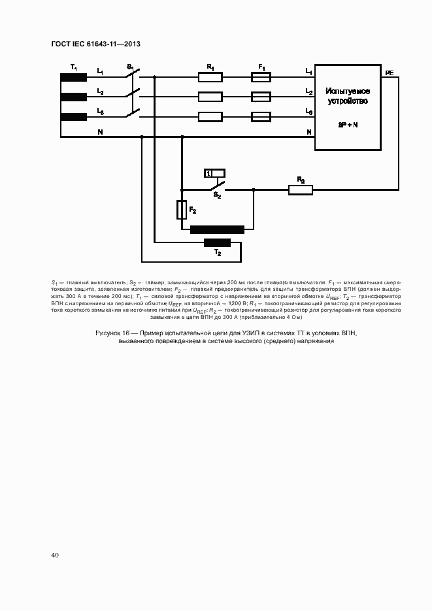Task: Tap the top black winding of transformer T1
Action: click(x=74, y=77)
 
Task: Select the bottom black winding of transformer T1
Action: click(x=74, y=117)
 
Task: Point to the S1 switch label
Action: click(x=130, y=67)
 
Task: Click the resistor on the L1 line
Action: click(x=210, y=77)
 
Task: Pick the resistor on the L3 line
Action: click(x=210, y=117)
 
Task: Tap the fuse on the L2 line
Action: click(x=261, y=97)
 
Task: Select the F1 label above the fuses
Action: click(x=261, y=67)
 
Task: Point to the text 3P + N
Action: click(x=348, y=124)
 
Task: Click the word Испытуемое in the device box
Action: click(x=348, y=91)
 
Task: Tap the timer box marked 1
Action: click(x=215, y=173)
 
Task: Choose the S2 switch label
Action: click(x=218, y=195)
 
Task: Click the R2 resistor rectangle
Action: click(x=301, y=190)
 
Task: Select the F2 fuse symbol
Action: click(x=182, y=210)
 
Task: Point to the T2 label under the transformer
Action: click(x=218, y=252)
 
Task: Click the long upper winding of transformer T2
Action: click(x=217, y=229)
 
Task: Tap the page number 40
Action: click(x=55, y=555)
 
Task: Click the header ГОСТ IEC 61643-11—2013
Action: click(x=95, y=44)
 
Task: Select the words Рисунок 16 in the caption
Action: click(x=112, y=333)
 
